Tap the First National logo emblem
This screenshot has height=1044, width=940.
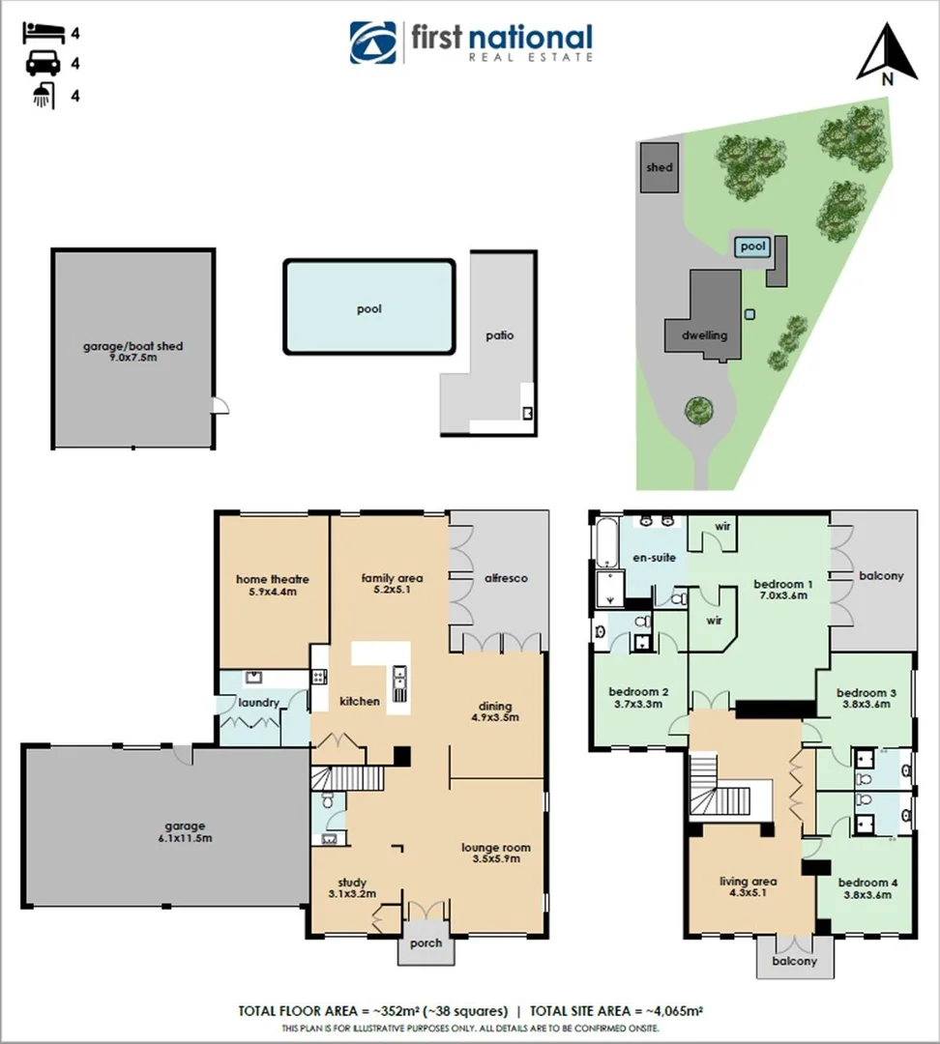point(372,43)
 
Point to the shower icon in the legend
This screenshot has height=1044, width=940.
point(42,96)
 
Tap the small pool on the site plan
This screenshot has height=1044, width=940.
point(752,247)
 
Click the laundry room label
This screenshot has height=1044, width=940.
point(258,703)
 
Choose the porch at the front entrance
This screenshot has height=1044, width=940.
point(426,943)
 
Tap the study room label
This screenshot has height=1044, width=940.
point(352,882)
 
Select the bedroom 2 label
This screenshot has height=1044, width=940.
point(638,692)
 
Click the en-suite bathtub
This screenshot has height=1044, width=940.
point(606,544)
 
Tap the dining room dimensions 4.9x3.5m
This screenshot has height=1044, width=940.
point(495,717)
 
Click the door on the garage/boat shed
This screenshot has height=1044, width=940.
point(220,407)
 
